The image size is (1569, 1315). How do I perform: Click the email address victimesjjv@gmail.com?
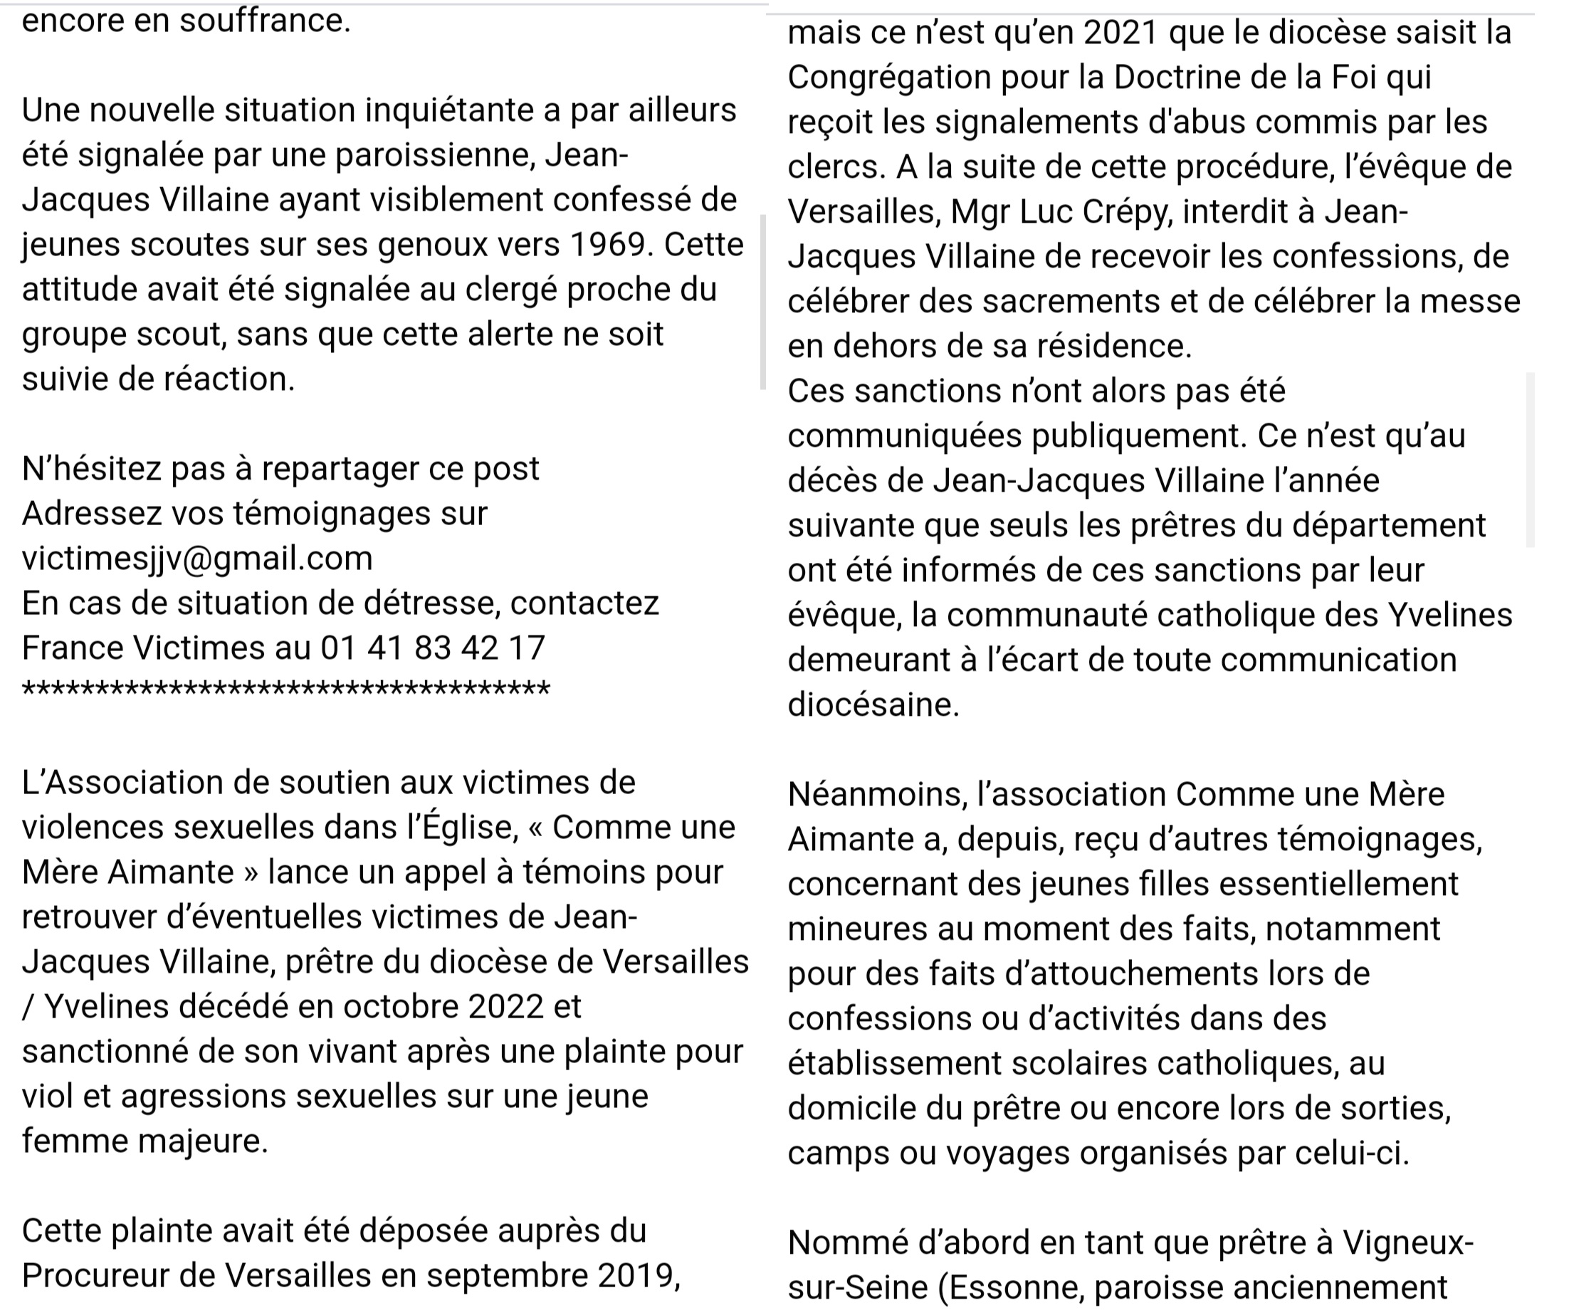pyautogui.click(x=196, y=559)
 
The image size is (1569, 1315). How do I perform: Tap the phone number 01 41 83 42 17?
pyautogui.click(x=433, y=648)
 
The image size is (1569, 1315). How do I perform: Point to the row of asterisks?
pyautogui.click(x=286, y=689)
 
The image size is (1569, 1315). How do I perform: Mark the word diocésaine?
pyautogui.click(x=873, y=705)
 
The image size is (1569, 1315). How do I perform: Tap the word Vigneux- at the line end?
pyautogui.click(x=1407, y=1242)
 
